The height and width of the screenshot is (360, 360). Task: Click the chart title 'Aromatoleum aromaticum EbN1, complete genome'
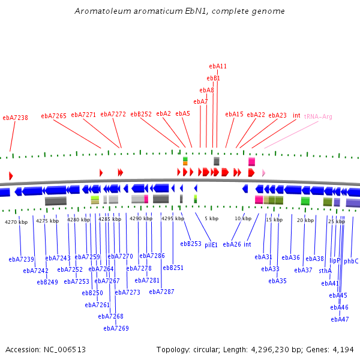(180, 11)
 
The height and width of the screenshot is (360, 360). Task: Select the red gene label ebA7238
(15, 118)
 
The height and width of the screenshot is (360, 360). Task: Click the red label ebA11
(218, 66)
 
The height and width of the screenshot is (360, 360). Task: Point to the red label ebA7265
(53, 115)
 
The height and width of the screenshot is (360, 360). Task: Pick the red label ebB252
(141, 114)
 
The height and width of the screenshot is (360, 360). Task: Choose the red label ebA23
(278, 115)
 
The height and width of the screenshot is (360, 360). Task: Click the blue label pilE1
(211, 245)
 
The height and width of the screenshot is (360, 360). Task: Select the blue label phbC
(351, 261)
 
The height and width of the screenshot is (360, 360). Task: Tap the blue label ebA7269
(116, 328)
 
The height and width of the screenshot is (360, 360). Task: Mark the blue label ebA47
(340, 319)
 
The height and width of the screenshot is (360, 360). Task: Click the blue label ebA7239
(21, 259)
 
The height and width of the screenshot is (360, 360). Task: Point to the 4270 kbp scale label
(16, 222)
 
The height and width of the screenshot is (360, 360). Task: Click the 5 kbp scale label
(211, 218)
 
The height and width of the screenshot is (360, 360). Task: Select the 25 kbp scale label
(337, 221)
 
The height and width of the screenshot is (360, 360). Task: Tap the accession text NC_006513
(66, 349)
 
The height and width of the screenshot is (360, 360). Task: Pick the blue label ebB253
(191, 244)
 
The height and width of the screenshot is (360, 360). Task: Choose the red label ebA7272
(113, 114)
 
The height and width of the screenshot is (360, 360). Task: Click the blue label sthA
(325, 271)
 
